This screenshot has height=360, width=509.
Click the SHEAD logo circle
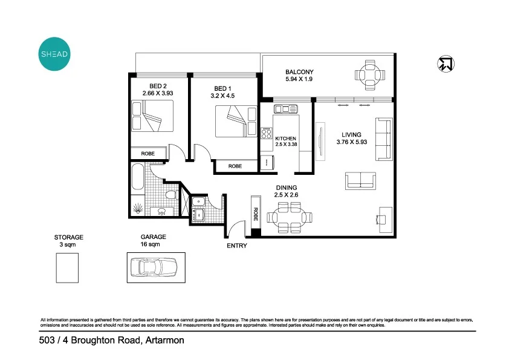(x=54, y=54)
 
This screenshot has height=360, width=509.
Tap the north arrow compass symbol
(x=446, y=64)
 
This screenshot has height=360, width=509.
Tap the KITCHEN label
(x=285, y=139)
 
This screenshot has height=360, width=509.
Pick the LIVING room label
(x=351, y=135)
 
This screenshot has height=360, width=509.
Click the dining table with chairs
(x=291, y=217)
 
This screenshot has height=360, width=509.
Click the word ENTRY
(x=237, y=246)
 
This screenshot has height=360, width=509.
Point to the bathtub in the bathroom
(x=137, y=182)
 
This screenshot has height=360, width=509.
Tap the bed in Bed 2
(x=152, y=116)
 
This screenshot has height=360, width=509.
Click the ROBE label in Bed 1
(x=235, y=166)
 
